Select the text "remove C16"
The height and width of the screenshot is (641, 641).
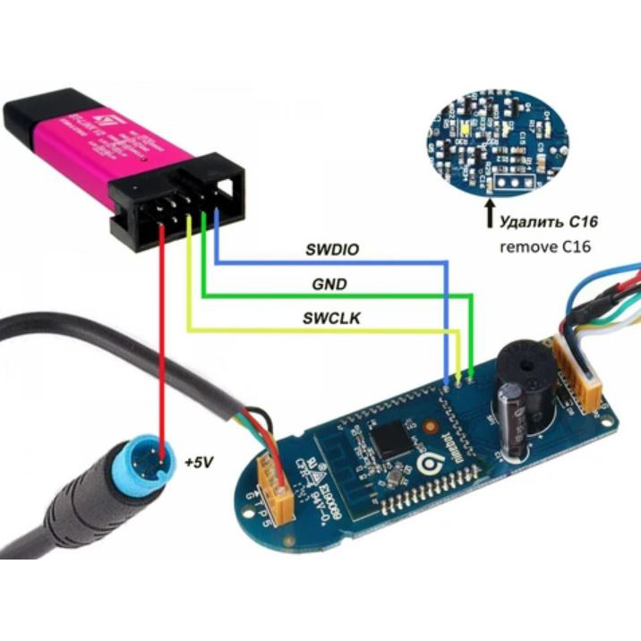pyautogui.click(x=547, y=244)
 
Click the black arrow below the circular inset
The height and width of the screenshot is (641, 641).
pyautogui.click(x=490, y=215)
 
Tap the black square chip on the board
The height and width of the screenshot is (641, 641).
pyautogui.click(x=390, y=438)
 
